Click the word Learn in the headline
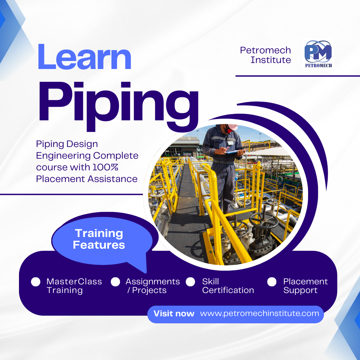point(84,56)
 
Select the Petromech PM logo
point(318,54)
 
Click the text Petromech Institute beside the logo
point(265,55)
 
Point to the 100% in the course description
point(105,167)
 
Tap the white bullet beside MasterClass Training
point(36,282)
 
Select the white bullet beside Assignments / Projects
point(115,282)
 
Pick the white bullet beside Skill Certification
point(190,282)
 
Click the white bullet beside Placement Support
point(272,282)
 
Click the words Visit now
point(174,314)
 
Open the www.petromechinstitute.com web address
point(259,314)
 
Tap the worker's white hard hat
point(232,127)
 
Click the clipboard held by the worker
point(232,152)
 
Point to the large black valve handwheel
point(264,221)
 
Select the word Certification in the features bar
point(228,290)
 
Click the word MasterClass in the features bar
point(74,281)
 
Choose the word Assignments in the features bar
point(153,282)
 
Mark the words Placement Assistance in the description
point(87,179)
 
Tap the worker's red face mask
point(228,129)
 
